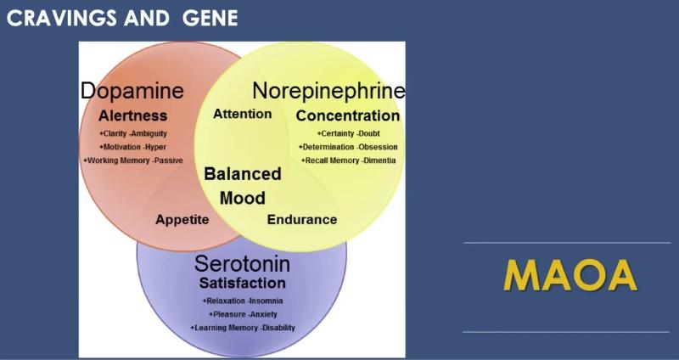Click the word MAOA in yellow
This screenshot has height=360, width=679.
coord(570,277)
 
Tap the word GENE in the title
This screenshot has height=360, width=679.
coord(210,18)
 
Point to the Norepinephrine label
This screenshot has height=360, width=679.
coord(328,91)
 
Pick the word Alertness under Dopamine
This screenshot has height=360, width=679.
coord(132,115)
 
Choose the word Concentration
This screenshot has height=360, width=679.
coord(347,115)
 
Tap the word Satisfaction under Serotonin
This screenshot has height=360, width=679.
coord(242,283)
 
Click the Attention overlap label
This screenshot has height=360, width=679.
coord(242,114)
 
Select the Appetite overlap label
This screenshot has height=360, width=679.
coord(182,219)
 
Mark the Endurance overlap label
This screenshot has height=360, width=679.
coord(302,219)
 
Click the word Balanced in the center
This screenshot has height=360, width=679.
coord(243,174)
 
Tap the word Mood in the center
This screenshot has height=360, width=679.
coord(243,198)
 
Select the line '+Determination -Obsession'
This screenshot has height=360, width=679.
coord(347,147)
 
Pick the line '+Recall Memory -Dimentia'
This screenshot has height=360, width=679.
coord(348,160)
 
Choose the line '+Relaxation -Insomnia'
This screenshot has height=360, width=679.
coord(243,301)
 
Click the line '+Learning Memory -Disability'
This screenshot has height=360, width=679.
coord(243,328)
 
